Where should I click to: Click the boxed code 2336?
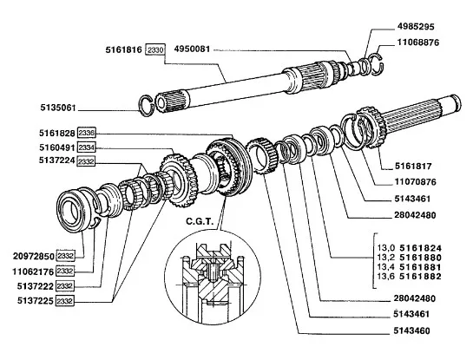tap(88, 133)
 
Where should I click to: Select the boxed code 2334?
tap(88, 147)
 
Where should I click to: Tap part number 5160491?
tap(49, 147)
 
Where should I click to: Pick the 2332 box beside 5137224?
tap(88, 161)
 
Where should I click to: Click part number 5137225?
tap(30, 299)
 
